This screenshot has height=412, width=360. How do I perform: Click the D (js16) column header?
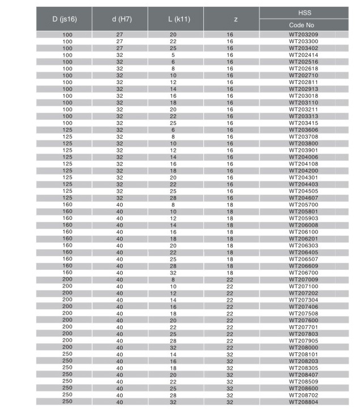point(64,19)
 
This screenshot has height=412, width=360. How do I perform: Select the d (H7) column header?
point(120,19)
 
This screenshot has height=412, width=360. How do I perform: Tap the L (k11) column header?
point(175,19)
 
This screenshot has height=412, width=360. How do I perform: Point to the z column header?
point(230,19)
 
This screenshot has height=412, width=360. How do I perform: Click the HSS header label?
point(304,12)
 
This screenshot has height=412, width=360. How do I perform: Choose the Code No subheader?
point(304,25)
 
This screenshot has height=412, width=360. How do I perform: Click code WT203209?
point(304,35)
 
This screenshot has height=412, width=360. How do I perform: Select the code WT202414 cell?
point(304,55)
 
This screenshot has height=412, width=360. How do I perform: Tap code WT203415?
point(304,123)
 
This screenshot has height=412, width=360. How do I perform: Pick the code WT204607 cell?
point(304,198)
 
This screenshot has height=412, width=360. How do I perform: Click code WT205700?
point(304,205)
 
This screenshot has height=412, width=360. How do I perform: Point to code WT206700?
point(304,273)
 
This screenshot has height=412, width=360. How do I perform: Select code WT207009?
point(304,280)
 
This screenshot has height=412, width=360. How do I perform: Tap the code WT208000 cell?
point(304,347)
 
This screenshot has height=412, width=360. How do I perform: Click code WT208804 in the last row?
point(304,402)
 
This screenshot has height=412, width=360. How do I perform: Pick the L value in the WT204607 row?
point(173,198)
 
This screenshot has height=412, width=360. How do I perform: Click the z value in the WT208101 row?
point(230,354)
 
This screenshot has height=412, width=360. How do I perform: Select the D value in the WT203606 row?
point(68,130)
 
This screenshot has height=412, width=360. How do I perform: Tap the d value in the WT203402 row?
point(120,48)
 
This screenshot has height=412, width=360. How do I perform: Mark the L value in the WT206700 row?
point(173,273)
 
